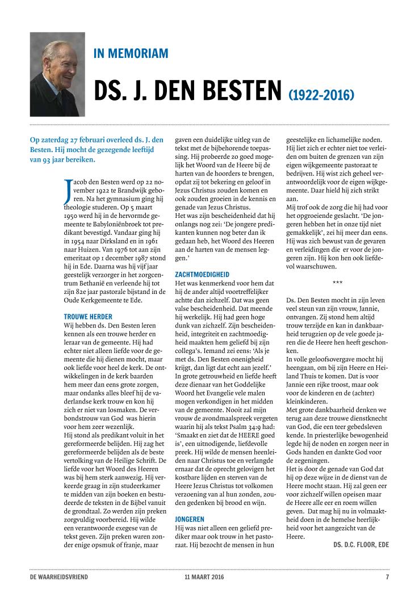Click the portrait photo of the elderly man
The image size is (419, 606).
point(57,74)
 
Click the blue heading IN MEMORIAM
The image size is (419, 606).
point(131,54)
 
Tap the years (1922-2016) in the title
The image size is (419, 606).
point(321,94)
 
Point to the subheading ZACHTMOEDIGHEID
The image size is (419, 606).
point(204,273)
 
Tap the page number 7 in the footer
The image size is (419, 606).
point(387,577)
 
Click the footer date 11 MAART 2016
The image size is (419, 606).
point(200,577)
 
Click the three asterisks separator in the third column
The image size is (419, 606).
point(337,282)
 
